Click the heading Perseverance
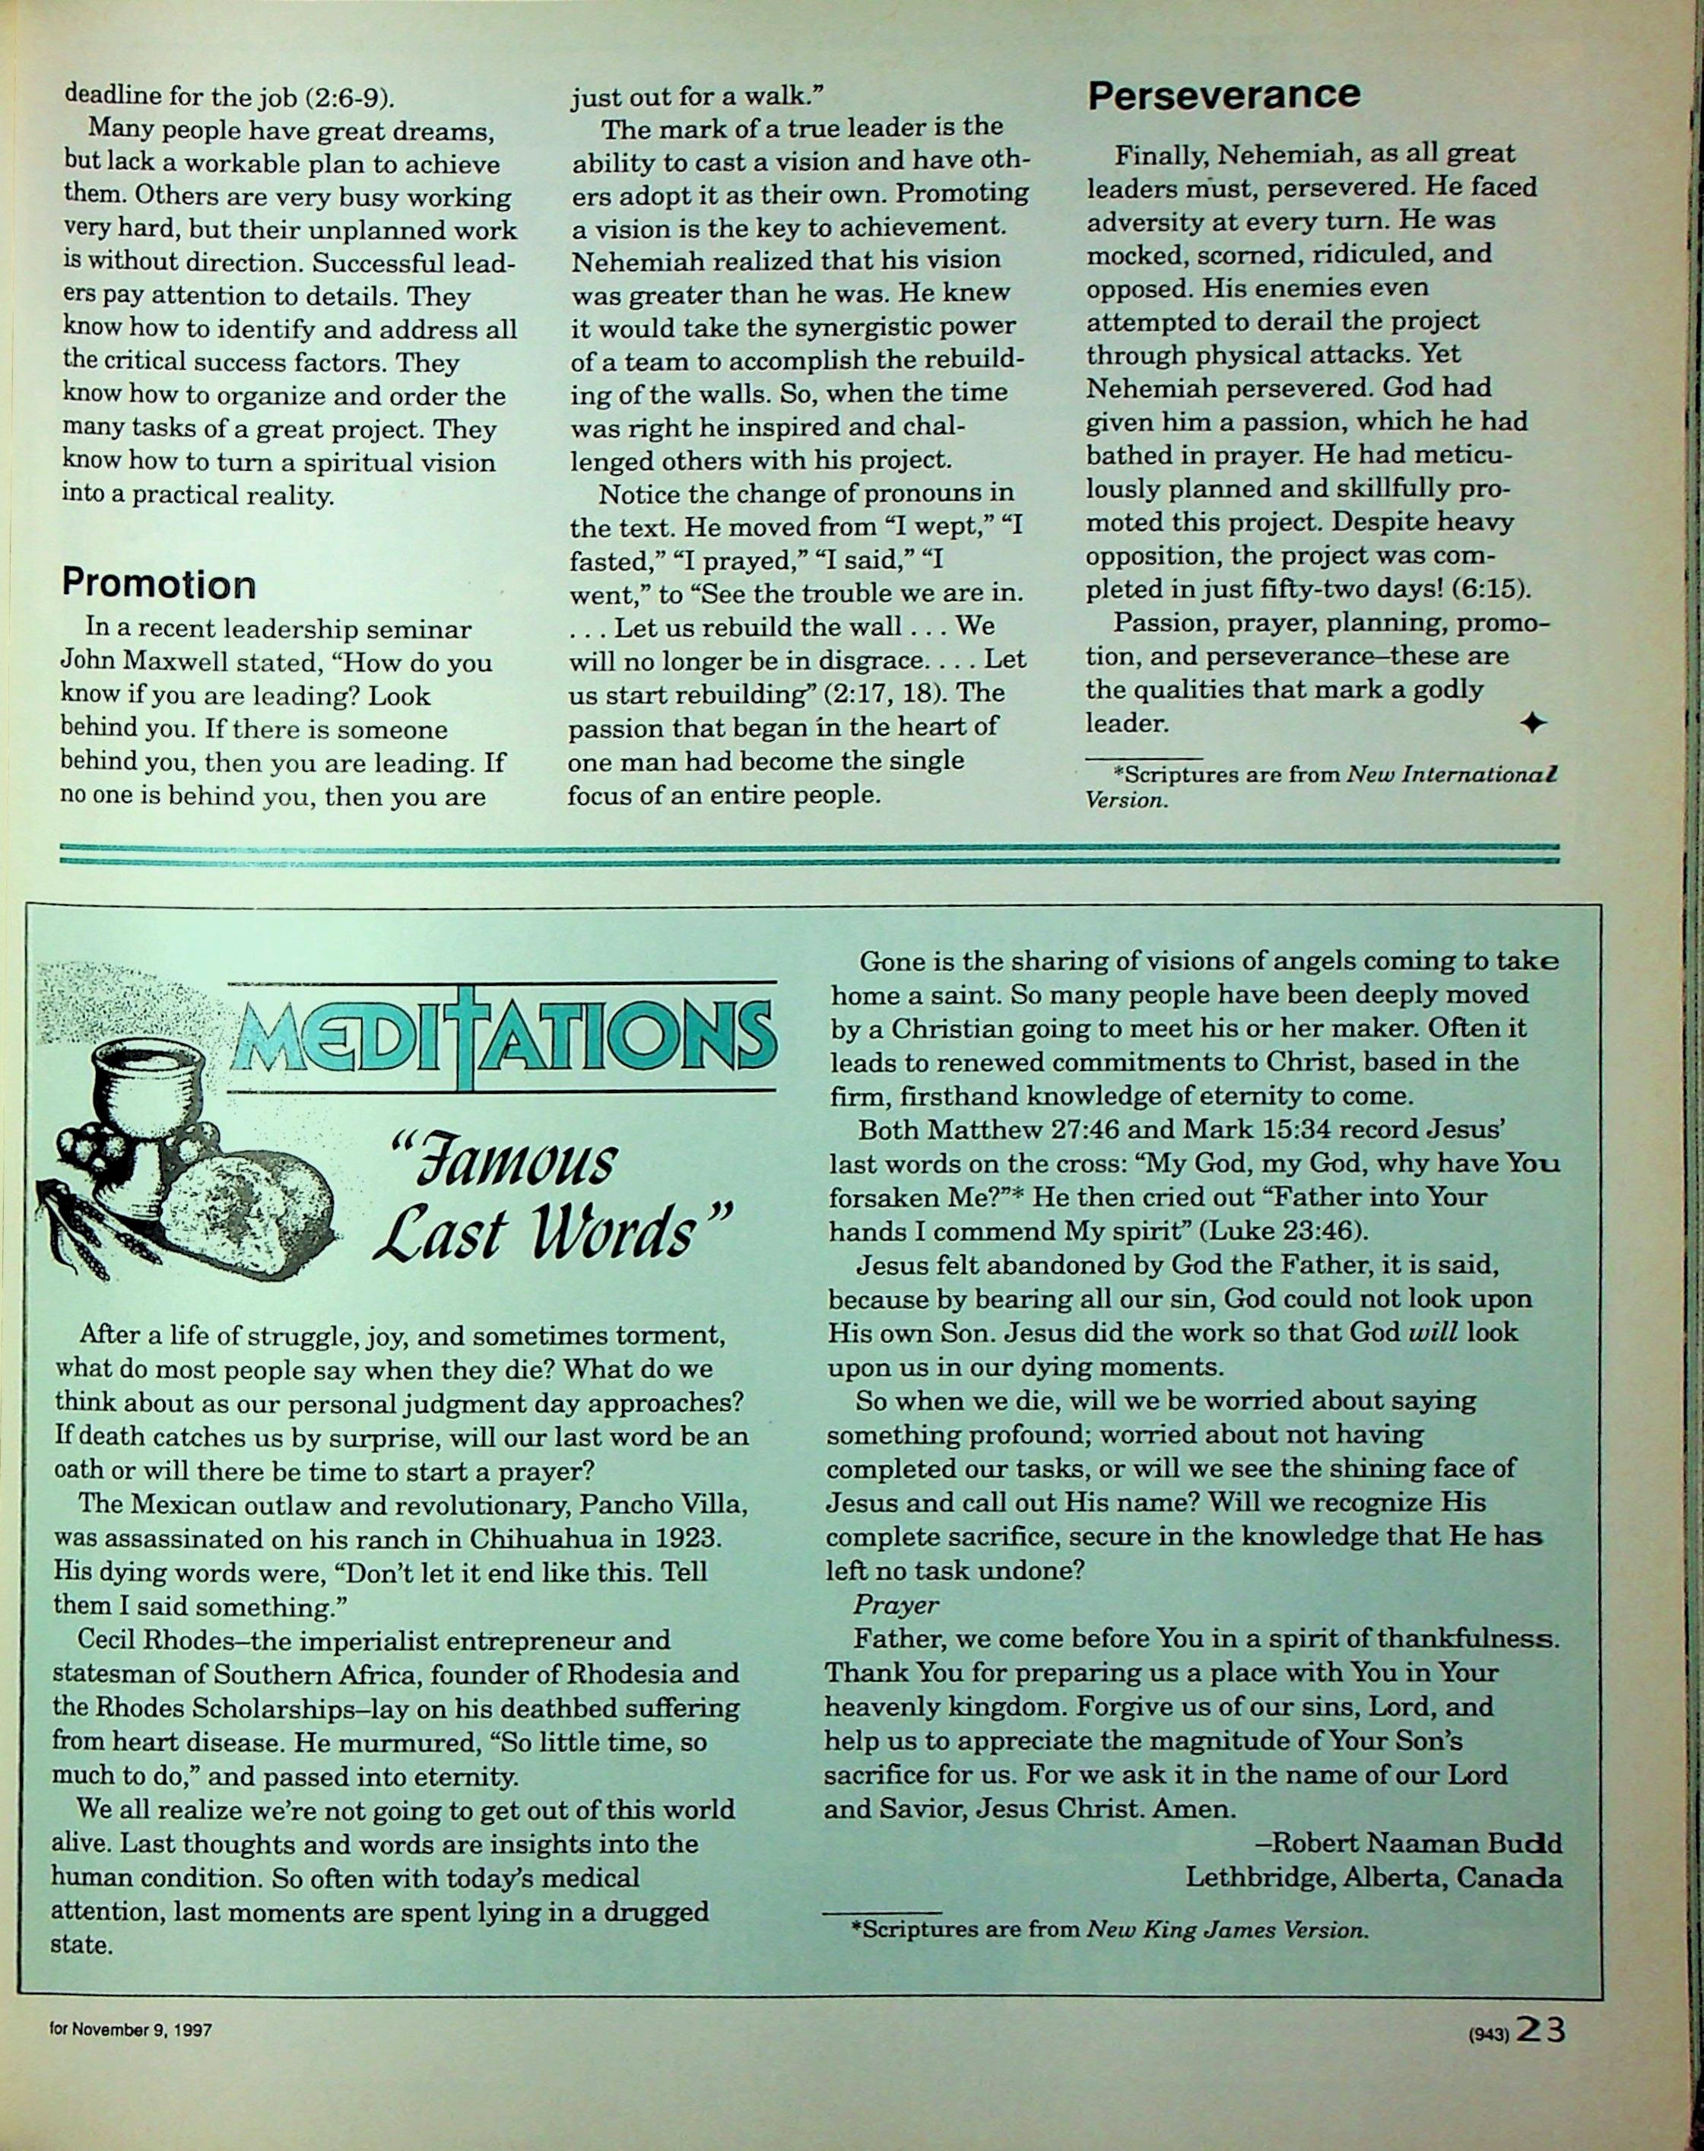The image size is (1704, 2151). [1223, 95]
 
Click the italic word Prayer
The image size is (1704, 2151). [896, 1606]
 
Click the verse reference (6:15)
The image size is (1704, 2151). [1492, 589]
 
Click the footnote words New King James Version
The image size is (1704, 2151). [1224, 1930]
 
